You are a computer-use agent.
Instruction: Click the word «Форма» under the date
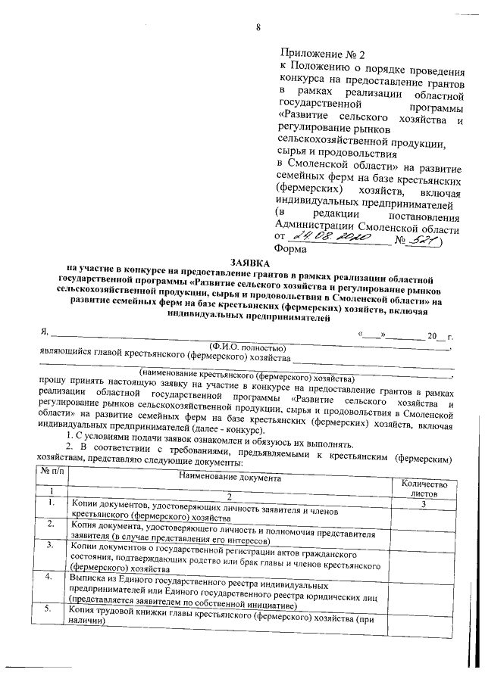(x=292, y=250)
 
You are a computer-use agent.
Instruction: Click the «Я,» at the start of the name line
(x=44, y=333)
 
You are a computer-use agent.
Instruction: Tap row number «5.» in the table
(x=48, y=608)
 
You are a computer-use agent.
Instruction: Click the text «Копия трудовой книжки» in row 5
(x=122, y=609)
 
